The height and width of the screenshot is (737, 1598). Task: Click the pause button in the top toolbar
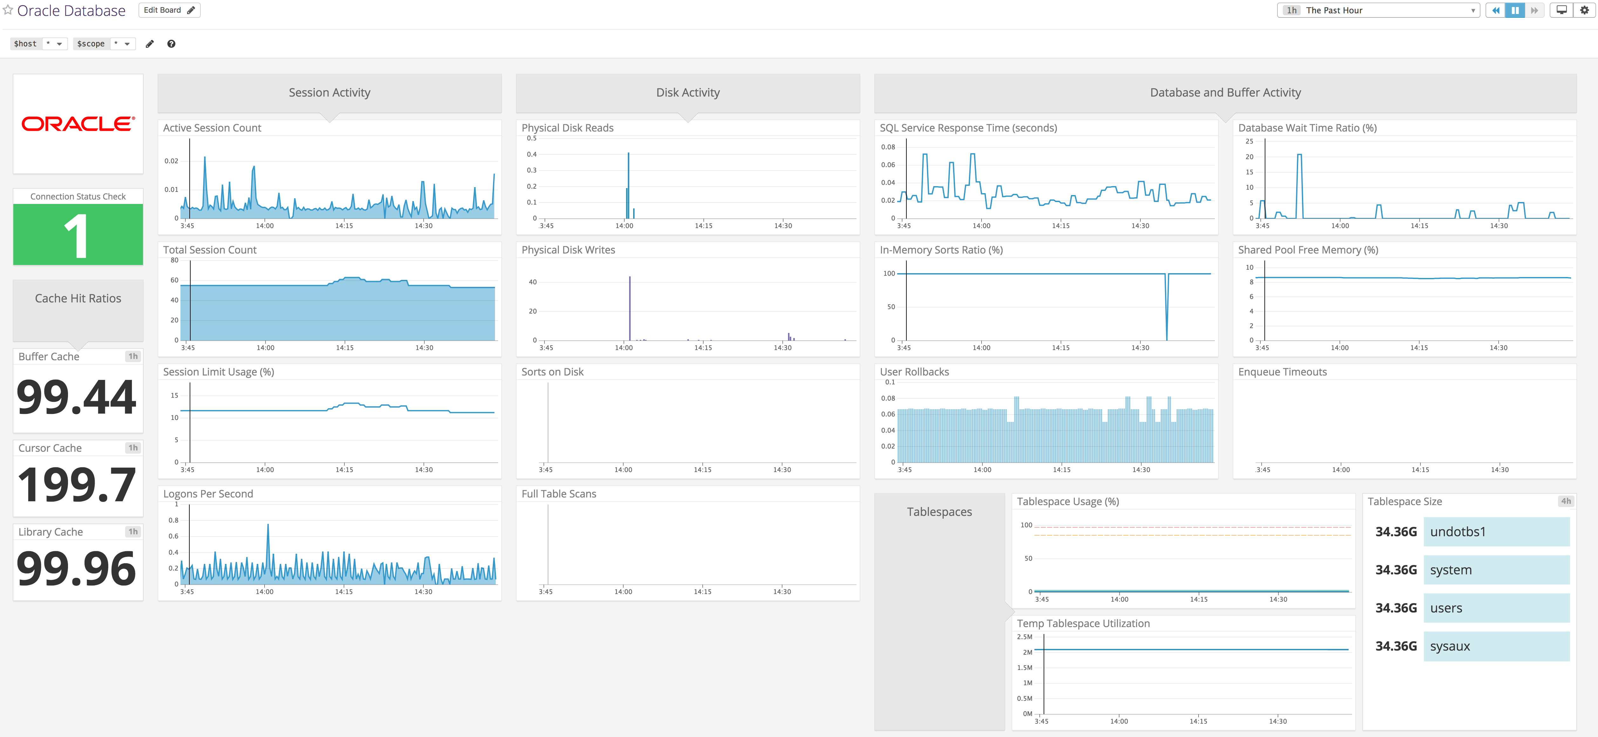click(1515, 10)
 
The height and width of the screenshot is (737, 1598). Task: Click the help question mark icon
click(171, 44)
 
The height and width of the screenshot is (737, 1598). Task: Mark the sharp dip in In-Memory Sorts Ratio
click(1167, 335)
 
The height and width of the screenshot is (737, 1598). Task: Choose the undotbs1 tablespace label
click(1458, 532)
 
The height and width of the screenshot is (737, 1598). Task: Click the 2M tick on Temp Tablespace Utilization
click(1027, 652)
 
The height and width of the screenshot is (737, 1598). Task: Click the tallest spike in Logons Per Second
click(268, 526)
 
